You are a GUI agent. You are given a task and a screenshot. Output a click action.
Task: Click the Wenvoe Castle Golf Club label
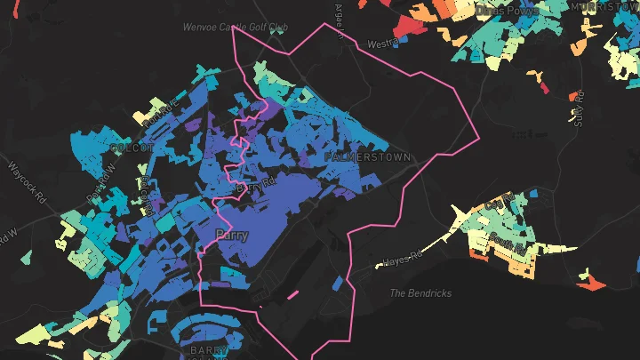pyautogui.click(x=236, y=28)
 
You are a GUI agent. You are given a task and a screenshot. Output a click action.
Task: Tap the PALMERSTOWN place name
pyautogui.click(x=367, y=157)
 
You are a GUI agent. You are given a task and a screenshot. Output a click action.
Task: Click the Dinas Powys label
pyautogui.click(x=508, y=10)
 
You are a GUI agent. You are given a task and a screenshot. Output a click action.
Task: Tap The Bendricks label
pyautogui.click(x=421, y=293)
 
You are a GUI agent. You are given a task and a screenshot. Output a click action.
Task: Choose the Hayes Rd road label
pyautogui.click(x=400, y=261)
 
